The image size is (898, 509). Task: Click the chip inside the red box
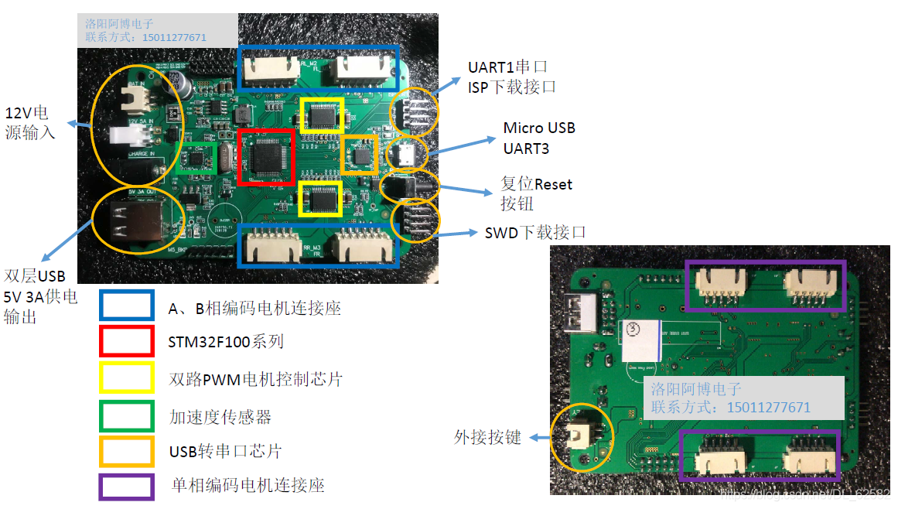pyautogui.click(x=265, y=157)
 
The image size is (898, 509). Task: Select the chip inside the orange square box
pyautogui.click(x=359, y=155)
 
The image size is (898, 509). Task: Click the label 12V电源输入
pyautogui.click(x=30, y=122)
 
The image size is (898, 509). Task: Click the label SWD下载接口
pyautogui.click(x=535, y=232)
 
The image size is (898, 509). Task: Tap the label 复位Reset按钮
pyautogui.click(x=536, y=194)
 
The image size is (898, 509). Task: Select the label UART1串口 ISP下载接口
pyautogui.click(x=511, y=77)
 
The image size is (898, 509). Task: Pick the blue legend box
pyautogui.click(x=126, y=305)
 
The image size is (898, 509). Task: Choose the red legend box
pyautogui.click(x=126, y=341)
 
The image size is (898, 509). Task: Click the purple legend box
pyautogui.click(x=126, y=487)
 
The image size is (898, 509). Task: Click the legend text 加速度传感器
pyautogui.click(x=220, y=417)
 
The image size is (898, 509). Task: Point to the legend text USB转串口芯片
pyautogui.click(x=225, y=451)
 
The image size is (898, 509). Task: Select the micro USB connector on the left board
pyautogui.click(x=402, y=154)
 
